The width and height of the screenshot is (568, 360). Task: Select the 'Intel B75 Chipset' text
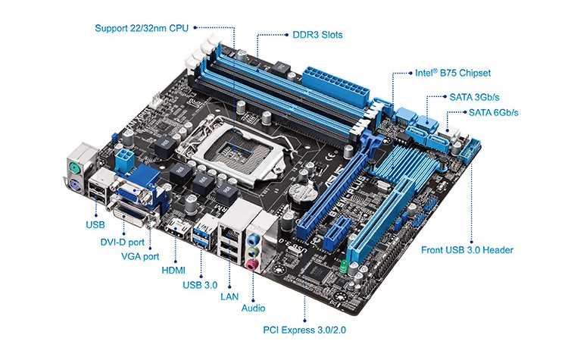coord(453,74)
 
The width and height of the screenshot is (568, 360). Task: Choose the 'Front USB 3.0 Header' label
coord(467,250)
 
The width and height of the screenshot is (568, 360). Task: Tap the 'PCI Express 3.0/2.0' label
coord(304,330)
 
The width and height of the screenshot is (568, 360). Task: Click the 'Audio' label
coord(253,308)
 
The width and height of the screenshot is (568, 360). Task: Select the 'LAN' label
coord(229,296)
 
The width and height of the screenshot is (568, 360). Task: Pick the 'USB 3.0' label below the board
coord(200,284)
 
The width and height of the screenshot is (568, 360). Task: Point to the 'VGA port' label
coord(140,256)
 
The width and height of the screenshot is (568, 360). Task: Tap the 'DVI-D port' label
coord(122,243)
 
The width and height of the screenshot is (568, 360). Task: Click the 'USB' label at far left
coord(95,225)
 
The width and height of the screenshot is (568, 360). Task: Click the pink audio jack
coord(252,265)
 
